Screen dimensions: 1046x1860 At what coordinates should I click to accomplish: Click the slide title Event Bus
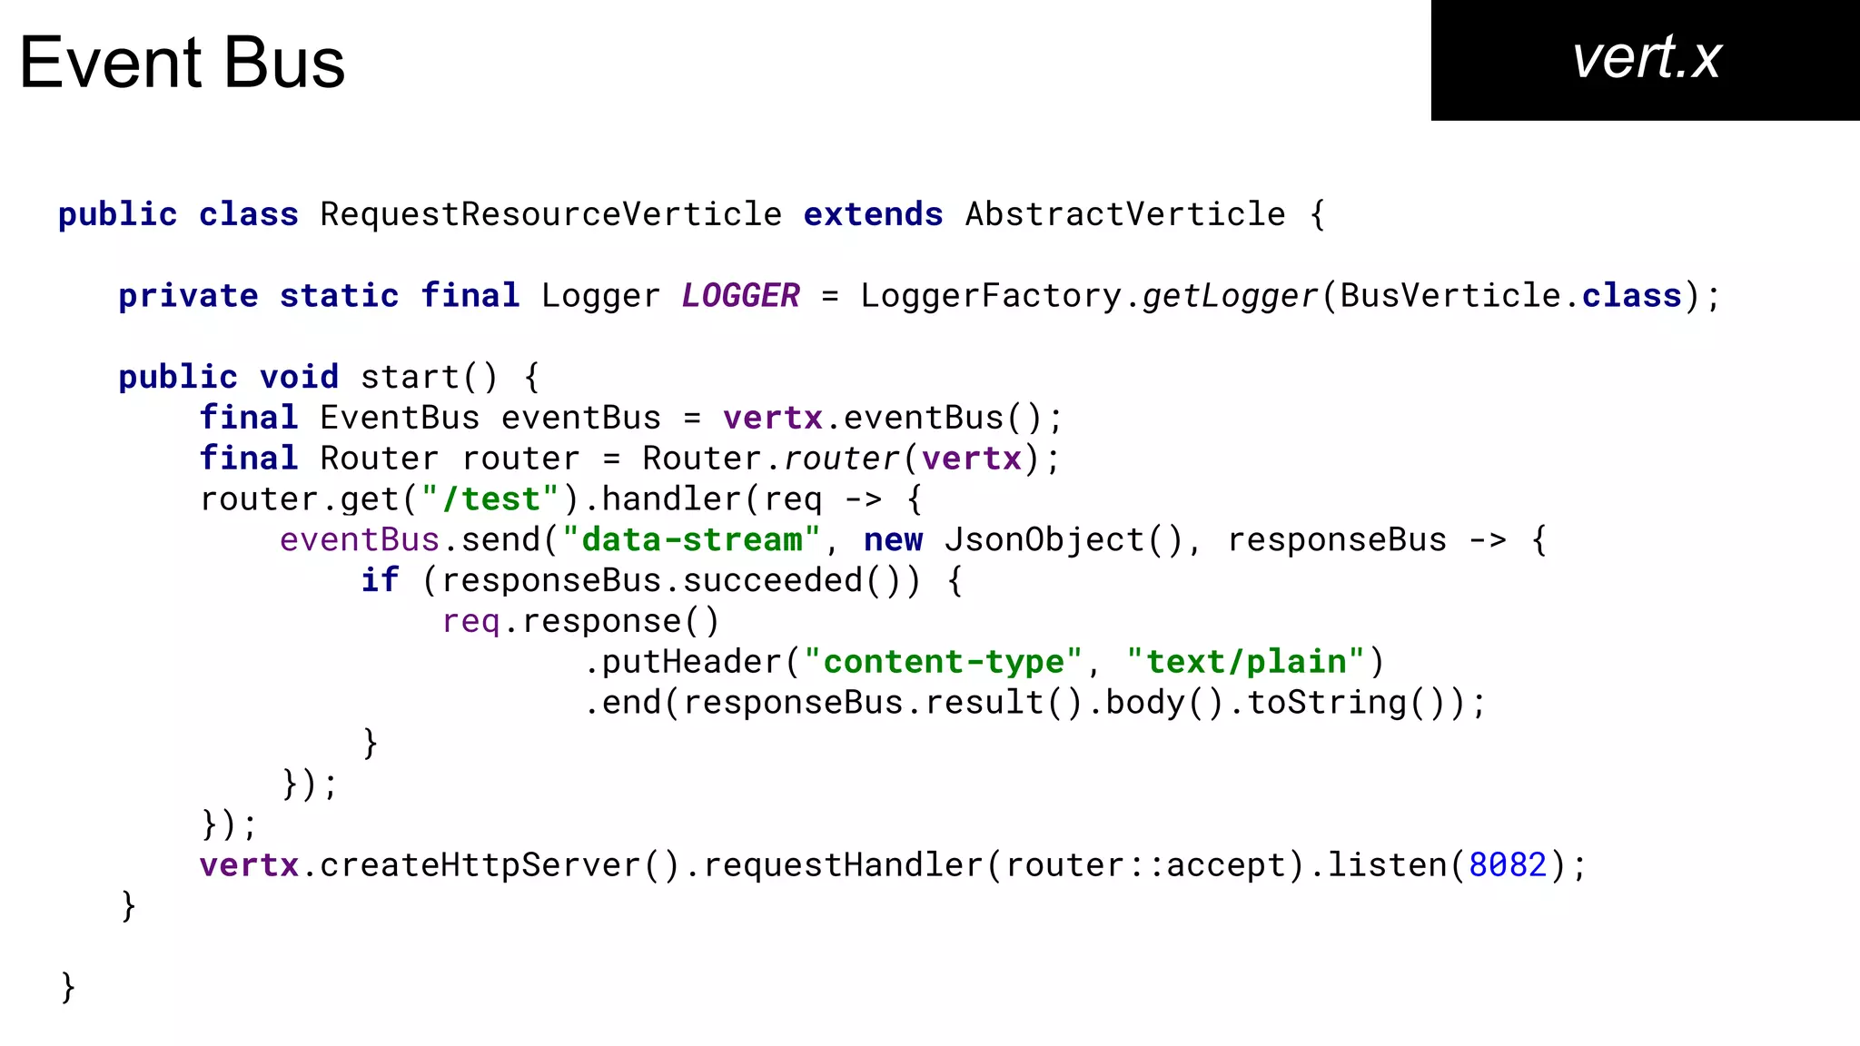click(182, 63)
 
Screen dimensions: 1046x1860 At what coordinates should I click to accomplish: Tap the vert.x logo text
click(1646, 58)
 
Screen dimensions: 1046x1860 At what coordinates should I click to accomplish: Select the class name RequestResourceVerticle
click(550, 215)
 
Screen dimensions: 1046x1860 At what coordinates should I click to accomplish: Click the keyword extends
click(873, 215)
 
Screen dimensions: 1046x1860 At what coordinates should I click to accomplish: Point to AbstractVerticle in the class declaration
click(1124, 215)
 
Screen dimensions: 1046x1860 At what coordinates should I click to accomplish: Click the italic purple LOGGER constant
click(740, 296)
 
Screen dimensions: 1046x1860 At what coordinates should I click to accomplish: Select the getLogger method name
click(1230, 296)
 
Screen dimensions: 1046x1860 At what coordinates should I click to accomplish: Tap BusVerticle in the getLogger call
click(1450, 296)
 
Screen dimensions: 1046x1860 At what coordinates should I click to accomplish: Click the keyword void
click(299, 377)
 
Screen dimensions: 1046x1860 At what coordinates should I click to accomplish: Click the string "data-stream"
click(691, 540)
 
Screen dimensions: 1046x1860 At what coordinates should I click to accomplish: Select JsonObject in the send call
click(1044, 540)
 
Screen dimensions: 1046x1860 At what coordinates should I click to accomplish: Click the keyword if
click(380, 580)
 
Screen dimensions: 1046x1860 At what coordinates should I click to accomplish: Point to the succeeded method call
click(772, 580)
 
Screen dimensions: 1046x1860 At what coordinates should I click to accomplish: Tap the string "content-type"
click(943, 662)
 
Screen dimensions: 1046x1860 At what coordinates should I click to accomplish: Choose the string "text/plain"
click(1245, 662)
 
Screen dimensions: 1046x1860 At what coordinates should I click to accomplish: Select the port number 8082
click(1507, 865)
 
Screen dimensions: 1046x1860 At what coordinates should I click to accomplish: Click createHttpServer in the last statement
click(480, 865)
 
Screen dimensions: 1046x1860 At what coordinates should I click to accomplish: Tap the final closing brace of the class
click(67, 987)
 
